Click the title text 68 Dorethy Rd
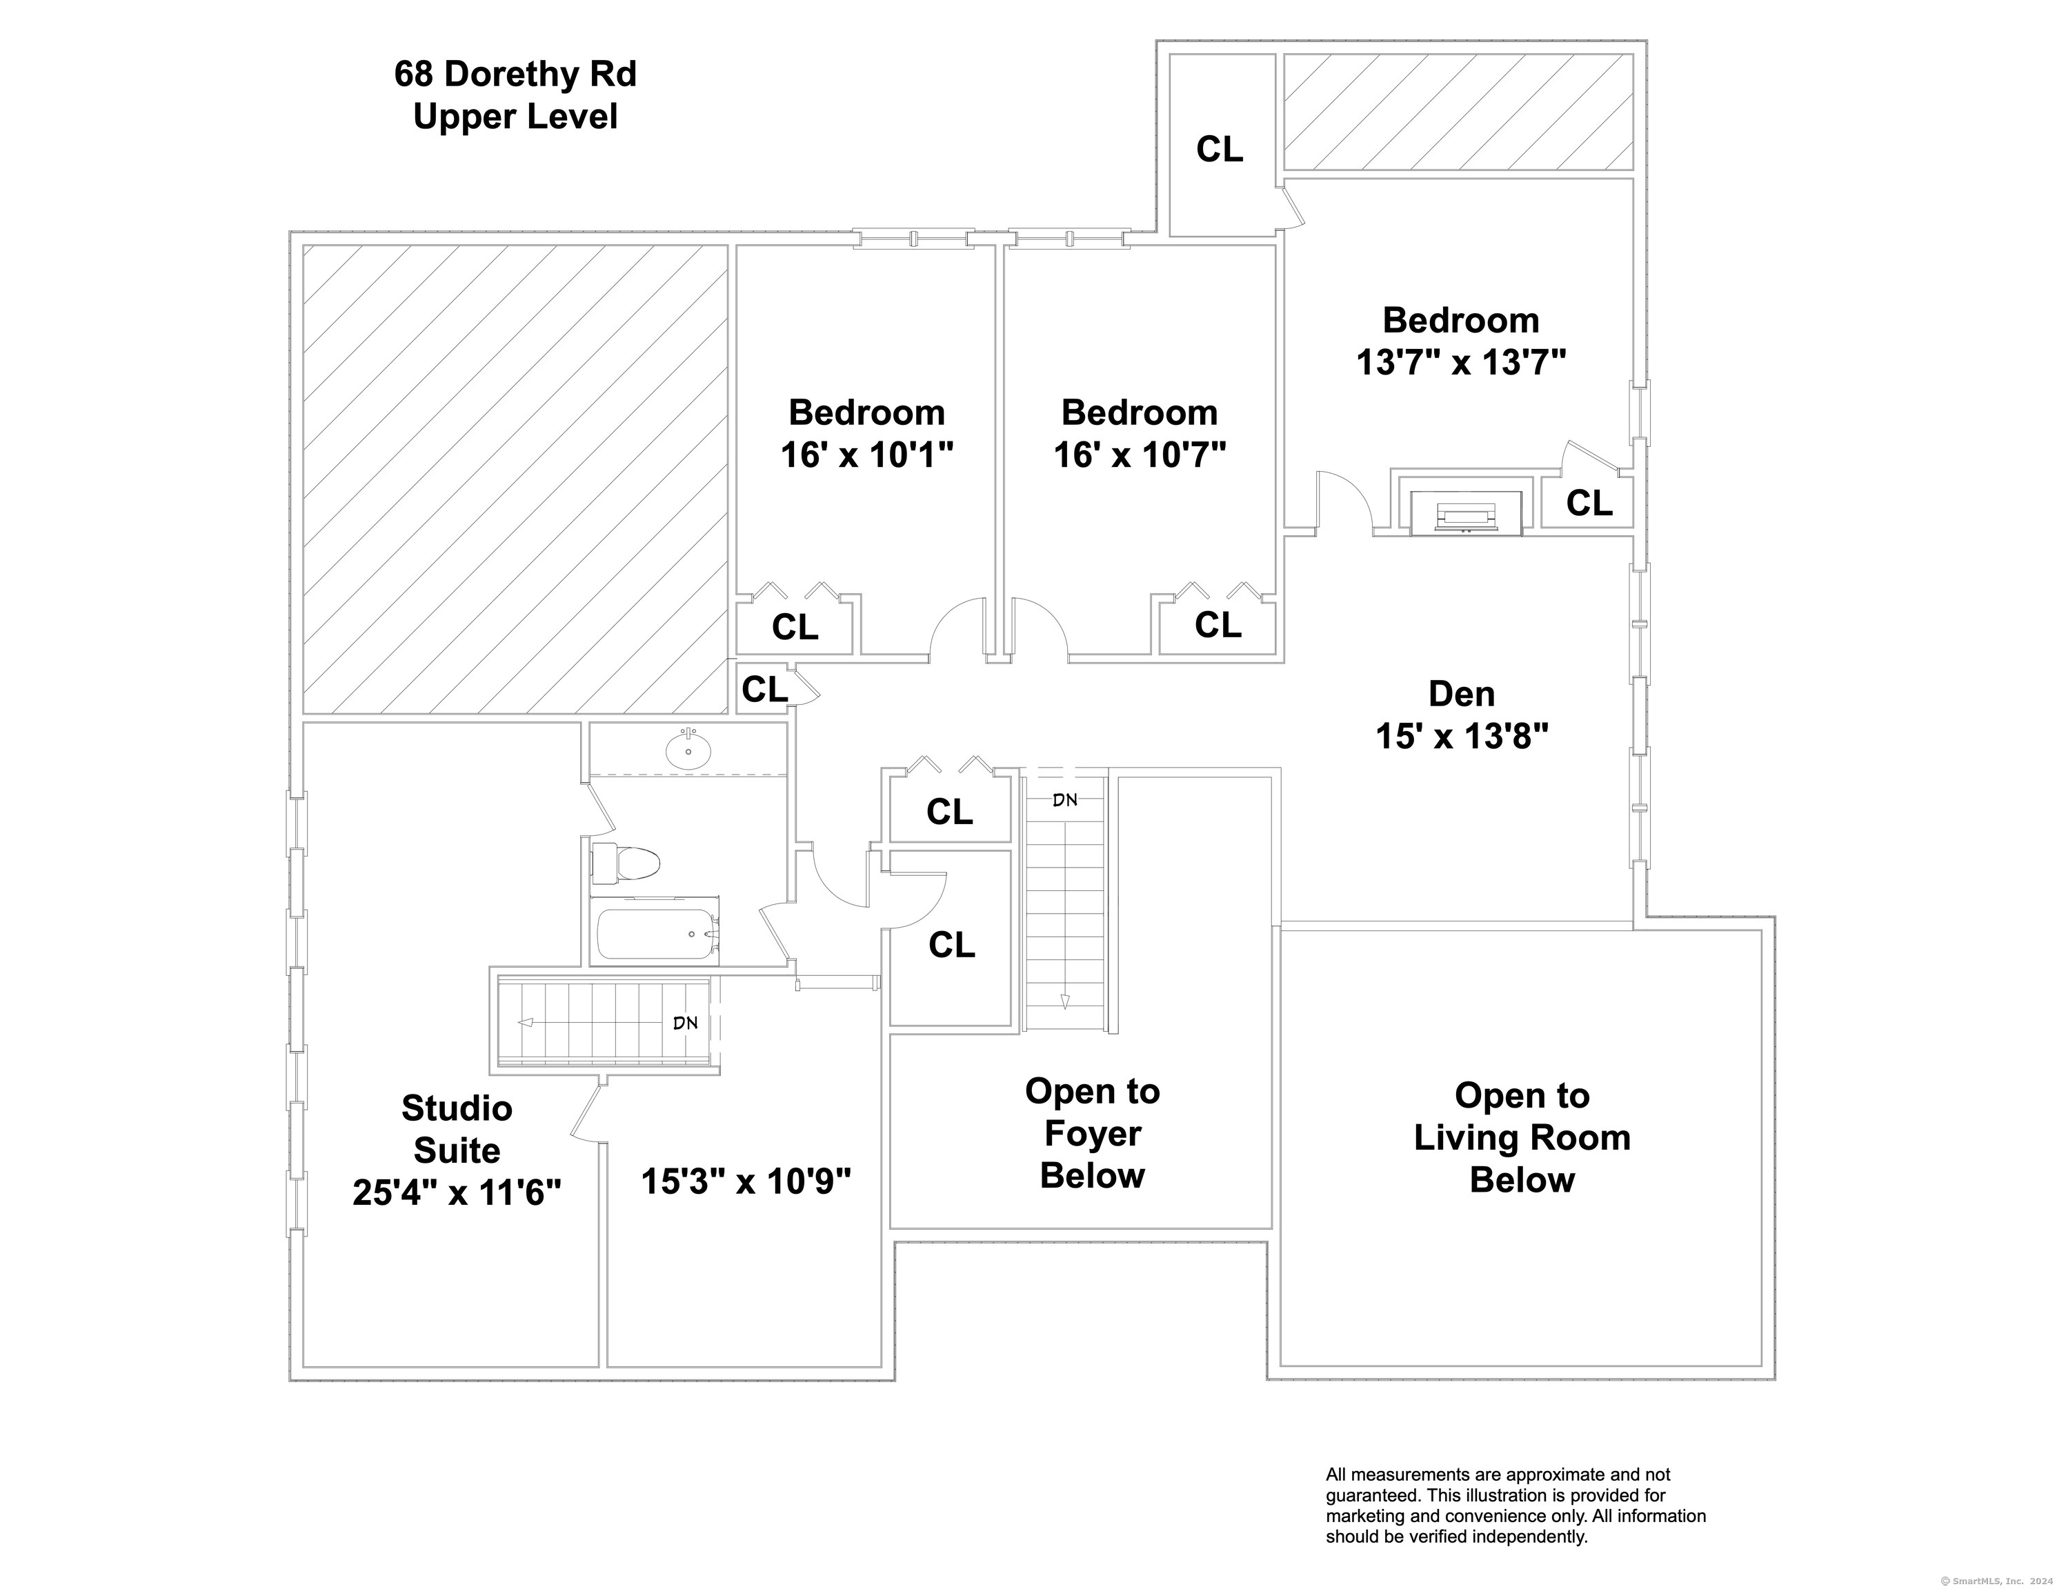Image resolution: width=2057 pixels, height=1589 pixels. [x=515, y=74]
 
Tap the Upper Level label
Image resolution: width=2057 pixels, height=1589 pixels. [x=515, y=117]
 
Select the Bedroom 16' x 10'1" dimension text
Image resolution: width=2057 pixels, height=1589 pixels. [x=866, y=455]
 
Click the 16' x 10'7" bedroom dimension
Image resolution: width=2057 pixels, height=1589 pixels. [x=1140, y=455]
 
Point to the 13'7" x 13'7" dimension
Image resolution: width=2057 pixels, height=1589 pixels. [x=1461, y=361]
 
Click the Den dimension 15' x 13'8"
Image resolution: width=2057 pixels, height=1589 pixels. [x=1462, y=737]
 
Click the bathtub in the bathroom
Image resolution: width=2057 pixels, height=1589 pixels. [x=658, y=933]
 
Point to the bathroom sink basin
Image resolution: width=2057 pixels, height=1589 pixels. [x=688, y=750]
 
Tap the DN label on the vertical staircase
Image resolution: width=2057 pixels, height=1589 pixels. [x=1064, y=800]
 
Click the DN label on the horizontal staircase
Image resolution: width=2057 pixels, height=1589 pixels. [x=686, y=1022]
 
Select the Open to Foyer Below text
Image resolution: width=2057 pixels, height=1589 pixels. [x=1093, y=1133]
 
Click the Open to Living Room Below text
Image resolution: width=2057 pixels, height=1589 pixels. [x=1522, y=1137]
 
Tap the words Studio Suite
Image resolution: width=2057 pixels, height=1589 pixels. [x=457, y=1128]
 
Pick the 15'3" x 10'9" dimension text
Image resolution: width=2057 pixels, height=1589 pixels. [x=746, y=1180]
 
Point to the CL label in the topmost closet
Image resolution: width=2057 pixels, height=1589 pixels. [x=1220, y=149]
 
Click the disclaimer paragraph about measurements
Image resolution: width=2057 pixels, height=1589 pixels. [x=1516, y=1505]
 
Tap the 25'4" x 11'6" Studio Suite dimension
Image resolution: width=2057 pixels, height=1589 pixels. [x=457, y=1193]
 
